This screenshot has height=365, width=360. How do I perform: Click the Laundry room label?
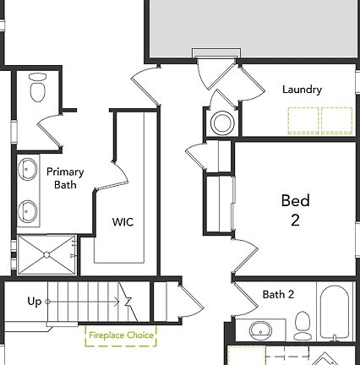coord(303,89)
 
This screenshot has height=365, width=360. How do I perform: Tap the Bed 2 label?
coord(295,210)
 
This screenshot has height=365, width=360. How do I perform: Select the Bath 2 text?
coord(278,295)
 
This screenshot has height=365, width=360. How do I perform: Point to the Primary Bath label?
coord(64,177)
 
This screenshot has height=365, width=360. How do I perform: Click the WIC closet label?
coord(123,222)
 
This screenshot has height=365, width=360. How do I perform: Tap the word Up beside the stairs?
coord(35,301)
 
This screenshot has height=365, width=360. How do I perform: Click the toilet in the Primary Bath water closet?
coord(36,87)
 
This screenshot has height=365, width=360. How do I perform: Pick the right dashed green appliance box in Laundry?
coord(338,120)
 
